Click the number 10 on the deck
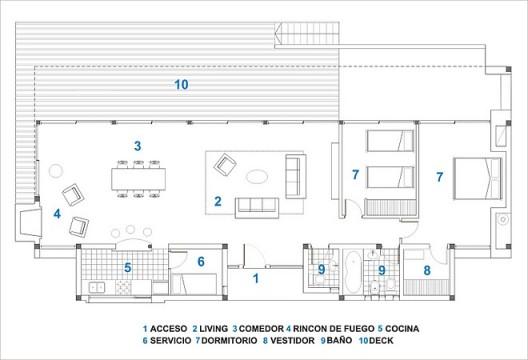pos(181,85)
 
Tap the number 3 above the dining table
pos(138,146)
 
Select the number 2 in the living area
pos(217,201)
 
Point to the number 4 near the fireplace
pos(57,213)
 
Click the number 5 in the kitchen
pos(127,267)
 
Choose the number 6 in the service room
pos(200,262)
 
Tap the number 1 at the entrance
pos(255,279)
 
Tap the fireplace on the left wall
pos(27,220)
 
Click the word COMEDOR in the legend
pos(258,328)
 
